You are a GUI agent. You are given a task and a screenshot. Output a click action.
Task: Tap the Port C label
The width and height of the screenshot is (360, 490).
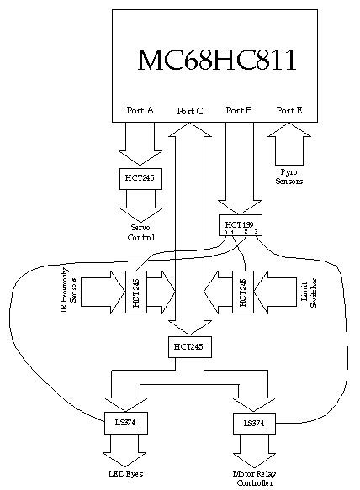190,111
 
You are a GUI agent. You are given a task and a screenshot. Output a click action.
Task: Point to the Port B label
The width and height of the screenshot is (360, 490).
240,110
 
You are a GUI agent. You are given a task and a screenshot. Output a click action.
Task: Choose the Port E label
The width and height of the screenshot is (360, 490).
289,110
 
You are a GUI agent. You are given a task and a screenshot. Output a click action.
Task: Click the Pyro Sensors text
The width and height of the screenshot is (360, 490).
289,176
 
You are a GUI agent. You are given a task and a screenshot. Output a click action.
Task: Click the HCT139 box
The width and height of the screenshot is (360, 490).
240,225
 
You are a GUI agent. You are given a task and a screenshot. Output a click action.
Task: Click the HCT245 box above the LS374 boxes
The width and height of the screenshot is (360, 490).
189,345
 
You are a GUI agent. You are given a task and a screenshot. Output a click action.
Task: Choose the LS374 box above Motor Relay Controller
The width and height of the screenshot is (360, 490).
253,422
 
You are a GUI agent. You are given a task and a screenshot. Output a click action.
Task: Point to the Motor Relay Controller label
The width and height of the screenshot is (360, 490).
253,479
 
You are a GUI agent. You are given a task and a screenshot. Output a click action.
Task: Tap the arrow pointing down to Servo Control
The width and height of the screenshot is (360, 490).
139,203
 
